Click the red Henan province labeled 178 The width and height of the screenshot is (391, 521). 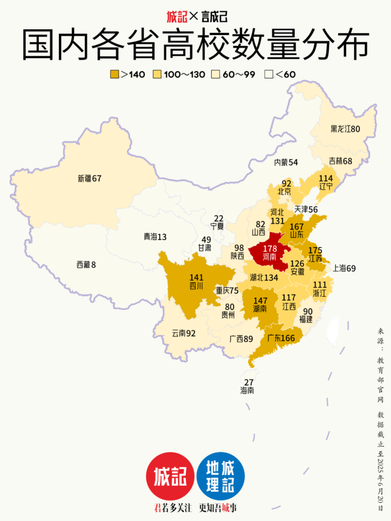coord(269,253)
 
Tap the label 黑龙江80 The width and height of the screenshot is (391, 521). coord(345,129)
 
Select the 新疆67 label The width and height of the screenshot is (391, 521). coord(90,178)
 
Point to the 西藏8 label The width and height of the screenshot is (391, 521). coord(86,265)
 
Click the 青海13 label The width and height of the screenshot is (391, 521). coord(155,236)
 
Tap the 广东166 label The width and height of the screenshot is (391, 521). coord(281,338)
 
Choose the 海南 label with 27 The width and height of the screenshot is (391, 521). coord(247,386)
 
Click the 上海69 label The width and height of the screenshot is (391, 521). coord(344,268)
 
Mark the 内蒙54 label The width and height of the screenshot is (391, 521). coord(286,162)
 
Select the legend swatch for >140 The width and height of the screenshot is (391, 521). coord(114,74)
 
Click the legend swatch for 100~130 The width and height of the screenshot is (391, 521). coord(157,74)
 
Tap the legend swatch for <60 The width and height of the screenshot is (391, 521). coord(269,74)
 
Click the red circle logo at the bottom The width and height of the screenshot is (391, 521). coord(170,476)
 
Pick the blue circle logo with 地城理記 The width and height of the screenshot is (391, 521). coord(220,476)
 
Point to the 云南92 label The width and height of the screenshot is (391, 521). coord(184,333)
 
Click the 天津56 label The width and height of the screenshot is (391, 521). coord(306,209)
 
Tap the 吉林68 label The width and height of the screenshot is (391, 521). coord(340,161)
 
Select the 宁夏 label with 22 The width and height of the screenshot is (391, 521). coord(217,222)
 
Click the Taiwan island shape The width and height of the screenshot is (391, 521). coord(334,330)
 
